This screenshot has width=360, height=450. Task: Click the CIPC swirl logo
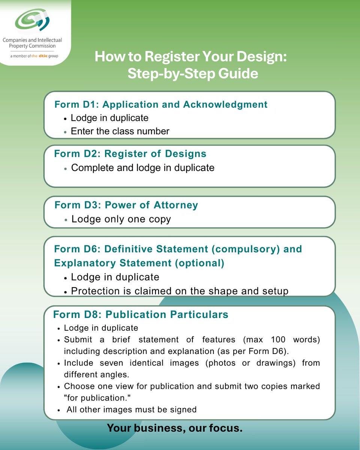[x=33, y=21]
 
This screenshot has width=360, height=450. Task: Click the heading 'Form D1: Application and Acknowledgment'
[x=161, y=104]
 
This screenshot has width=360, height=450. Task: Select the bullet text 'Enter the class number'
[x=120, y=131]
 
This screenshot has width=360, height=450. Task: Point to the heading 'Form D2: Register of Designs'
[x=130, y=154]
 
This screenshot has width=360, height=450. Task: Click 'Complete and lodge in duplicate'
[x=142, y=168]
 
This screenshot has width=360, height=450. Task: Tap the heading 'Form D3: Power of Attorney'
[x=126, y=205]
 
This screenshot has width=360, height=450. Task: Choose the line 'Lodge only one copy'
[x=121, y=219]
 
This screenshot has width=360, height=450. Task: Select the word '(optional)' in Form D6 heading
[x=199, y=263]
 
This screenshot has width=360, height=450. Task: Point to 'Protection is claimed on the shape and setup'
[x=179, y=291]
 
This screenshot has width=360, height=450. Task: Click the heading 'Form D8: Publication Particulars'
[x=141, y=314]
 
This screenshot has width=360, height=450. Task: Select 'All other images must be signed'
[x=131, y=409]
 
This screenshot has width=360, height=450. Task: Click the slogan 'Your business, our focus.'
[x=175, y=428]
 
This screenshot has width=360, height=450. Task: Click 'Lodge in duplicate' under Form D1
[x=109, y=118]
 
